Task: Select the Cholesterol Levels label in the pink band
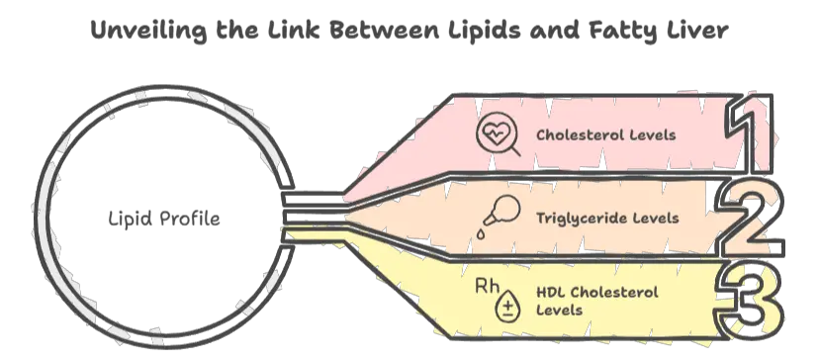[606, 135]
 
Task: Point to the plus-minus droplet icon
[507, 308]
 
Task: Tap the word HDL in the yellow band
[552, 293]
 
